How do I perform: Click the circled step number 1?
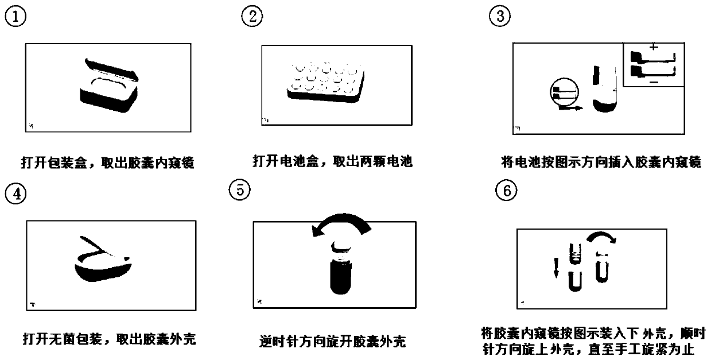click(x=15, y=17)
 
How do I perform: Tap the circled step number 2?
click(x=252, y=16)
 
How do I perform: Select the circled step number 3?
click(x=500, y=16)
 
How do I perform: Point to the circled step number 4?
click(x=16, y=193)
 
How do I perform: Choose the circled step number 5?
click(x=240, y=190)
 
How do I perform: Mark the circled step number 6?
click(x=506, y=191)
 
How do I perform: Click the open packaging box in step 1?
click(x=109, y=86)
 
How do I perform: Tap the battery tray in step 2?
click(x=326, y=83)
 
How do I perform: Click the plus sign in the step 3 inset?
click(x=654, y=47)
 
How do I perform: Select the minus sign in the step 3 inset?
click(x=654, y=83)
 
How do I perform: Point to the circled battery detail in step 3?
click(x=564, y=92)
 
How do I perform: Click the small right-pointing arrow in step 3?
click(x=570, y=109)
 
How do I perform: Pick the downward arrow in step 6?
click(x=556, y=268)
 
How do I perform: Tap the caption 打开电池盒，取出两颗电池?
click(x=333, y=161)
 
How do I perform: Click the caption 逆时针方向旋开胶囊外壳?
click(x=333, y=342)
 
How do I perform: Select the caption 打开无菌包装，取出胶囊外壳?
click(x=110, y=339)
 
